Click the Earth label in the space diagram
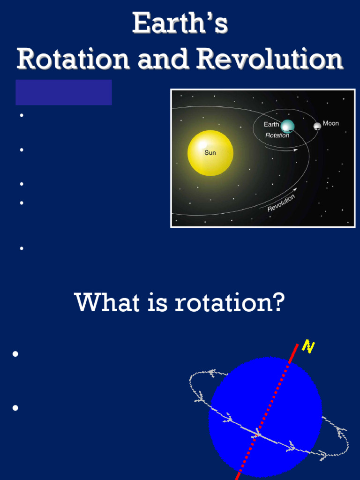tap(271, 124)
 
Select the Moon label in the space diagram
tap(330, 123)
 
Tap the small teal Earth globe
tap(287, 126)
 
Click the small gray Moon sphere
tap(317, 126)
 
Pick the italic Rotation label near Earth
tap(277, 135)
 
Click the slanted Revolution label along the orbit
tap(281, 203)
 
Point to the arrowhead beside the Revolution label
tap(295, 189)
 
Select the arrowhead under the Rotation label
tap(295, 150)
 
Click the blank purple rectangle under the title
tap(64, 92)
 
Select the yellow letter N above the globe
tap(308, 346)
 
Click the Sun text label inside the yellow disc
tap(210, 153)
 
